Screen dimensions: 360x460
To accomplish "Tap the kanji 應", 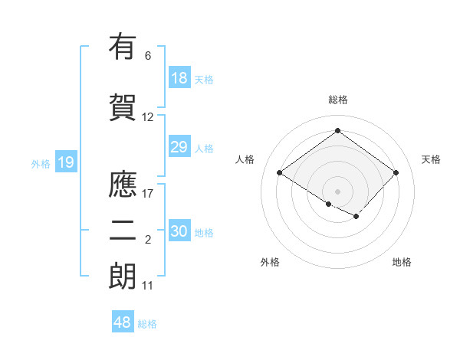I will (123, 185).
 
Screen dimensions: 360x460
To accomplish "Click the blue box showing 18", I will (179, 78).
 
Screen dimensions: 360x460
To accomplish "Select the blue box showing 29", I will (179, 147).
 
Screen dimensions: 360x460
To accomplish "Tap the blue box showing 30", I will (179, 231).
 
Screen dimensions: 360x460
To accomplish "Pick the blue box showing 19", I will (65, 162).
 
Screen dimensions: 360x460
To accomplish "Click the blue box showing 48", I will (123, 322).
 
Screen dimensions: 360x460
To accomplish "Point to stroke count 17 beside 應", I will (148, 193).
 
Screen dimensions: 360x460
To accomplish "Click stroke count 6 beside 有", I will (148, 56).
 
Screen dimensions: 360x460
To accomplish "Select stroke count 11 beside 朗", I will (148, 286).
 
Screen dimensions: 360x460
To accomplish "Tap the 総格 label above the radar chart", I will (337, 100).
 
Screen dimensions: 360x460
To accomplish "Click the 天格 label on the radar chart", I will (431, 159).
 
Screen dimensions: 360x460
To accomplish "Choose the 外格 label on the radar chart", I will (270, 262).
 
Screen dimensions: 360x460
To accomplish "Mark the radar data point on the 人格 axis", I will (280, 172).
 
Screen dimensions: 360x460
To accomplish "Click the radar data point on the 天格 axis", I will (396, 172).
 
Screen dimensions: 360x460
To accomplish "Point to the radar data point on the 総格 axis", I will (337, 131).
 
